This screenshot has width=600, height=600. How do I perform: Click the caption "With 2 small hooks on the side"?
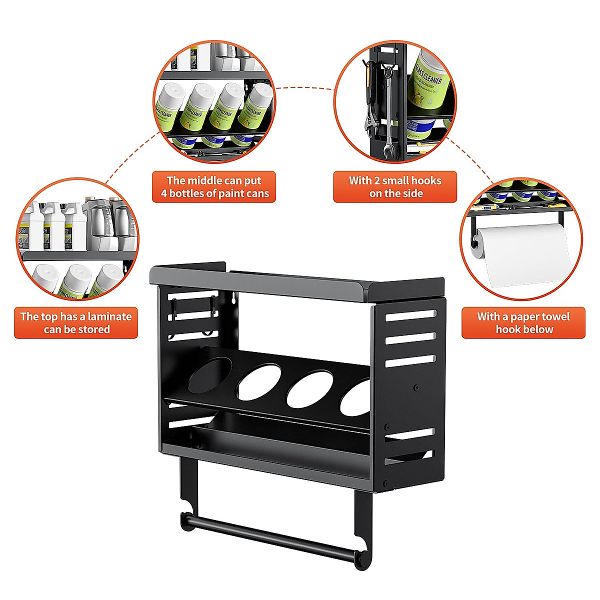[395, 187]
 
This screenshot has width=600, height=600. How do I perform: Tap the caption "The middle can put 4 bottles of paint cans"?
[214, 187]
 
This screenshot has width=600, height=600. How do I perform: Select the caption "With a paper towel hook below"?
[523, 322]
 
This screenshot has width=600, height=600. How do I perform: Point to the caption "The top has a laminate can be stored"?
[76, 322]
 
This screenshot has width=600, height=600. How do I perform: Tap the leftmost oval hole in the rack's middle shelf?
[210, 374]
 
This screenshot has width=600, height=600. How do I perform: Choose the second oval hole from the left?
[258, 382]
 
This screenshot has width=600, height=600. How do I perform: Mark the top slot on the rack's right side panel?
[410, 315]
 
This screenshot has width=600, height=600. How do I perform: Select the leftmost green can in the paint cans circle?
[169, 107]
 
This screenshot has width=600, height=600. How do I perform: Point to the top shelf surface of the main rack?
[300, 282]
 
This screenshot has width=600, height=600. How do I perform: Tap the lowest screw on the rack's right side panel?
[385, 483]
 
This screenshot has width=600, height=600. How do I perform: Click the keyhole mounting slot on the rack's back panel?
[232, 298]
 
